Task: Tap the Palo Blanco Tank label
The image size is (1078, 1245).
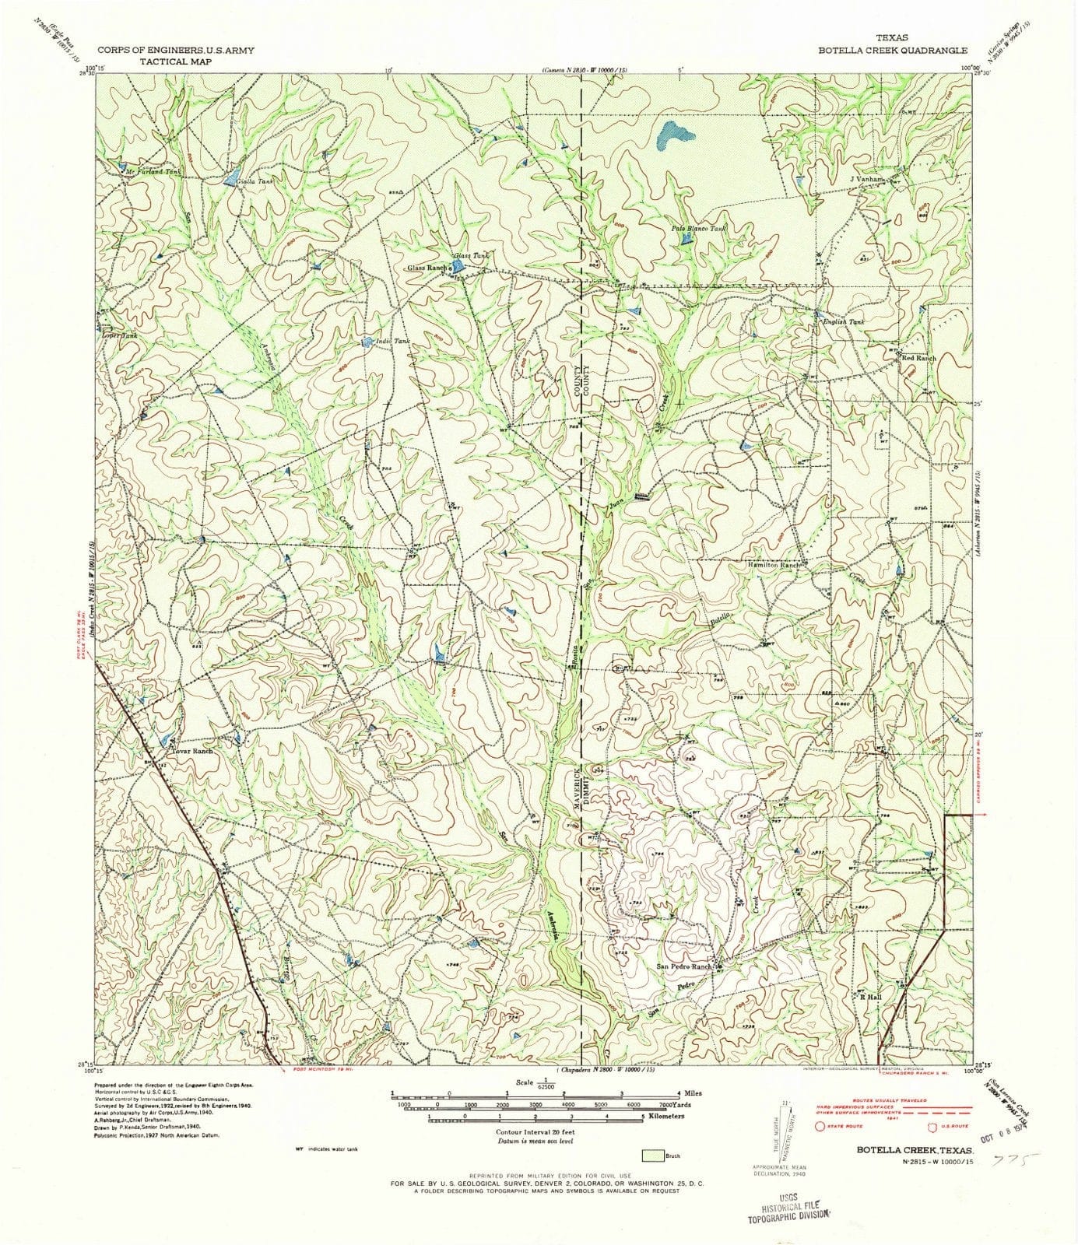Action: pyautogui.click(x=698, y=229)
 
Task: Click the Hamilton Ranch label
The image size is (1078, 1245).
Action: pyautogui.click(x=774, y=565)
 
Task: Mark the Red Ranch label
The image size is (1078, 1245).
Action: pyautogui.click(x=918, y=358)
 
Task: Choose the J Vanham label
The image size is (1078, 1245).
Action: pyautogui.click(x=867, y=179)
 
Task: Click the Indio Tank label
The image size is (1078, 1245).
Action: pyautogui.click(x=392, y=342)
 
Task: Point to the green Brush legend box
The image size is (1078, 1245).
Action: pyautogui.click(x=652, y=1156)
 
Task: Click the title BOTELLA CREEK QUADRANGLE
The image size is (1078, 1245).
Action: pyautogui.click(x=892, y=48)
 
